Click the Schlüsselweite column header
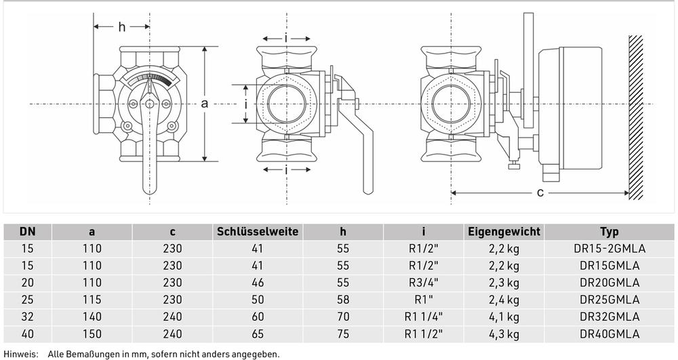pos(258,232)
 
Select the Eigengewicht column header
pos(504,232)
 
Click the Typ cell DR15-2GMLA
pos(610,249)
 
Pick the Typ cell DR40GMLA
pos(610,334)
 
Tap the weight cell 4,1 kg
pos(504,317)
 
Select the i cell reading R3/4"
pos(424,283)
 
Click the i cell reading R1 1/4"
pos(424,317)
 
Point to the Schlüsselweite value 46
pos(258,283)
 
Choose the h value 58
pos(343,300)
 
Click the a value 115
pos(92,300)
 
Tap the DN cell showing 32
pos(28,317)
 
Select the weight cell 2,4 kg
pos(504,300)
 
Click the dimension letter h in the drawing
pos(122,27)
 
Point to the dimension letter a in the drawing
pos(205,104)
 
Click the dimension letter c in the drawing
pos(540,193)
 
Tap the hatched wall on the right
pos(636,117)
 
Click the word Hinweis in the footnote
pos(20,355)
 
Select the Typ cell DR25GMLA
pos(610,300)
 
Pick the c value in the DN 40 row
pos(172,334)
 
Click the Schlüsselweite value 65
pos(258,334)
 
